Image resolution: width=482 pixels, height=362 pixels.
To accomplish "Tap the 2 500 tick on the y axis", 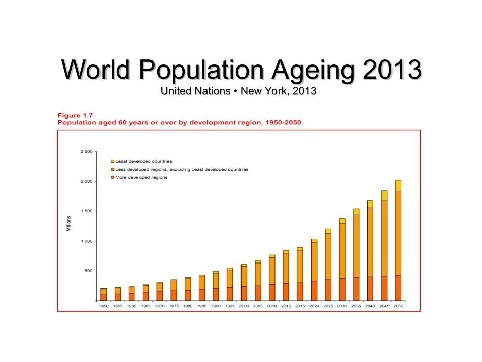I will (x=86, y=152).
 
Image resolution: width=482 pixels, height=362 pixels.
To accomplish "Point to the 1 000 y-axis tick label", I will (x=86, y=241).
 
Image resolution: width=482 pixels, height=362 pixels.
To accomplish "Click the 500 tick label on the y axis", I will (x=88, y=271).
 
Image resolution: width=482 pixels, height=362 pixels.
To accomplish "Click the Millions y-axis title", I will (x=68, y=224).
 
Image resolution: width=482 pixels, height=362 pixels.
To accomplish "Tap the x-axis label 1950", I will (x=104, y=307).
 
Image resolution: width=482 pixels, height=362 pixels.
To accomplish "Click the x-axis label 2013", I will (x=286, y=307).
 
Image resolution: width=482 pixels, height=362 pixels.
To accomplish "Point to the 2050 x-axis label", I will (x=398, y=307).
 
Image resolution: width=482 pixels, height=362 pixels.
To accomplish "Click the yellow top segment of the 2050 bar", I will (x=398, y=186).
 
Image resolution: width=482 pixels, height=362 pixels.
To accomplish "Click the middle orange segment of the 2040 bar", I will (x=370, y=242).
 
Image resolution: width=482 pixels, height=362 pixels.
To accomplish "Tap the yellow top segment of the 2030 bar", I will (x=342, y=221).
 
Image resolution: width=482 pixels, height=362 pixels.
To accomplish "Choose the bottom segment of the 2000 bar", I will (x=244, y=293).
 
